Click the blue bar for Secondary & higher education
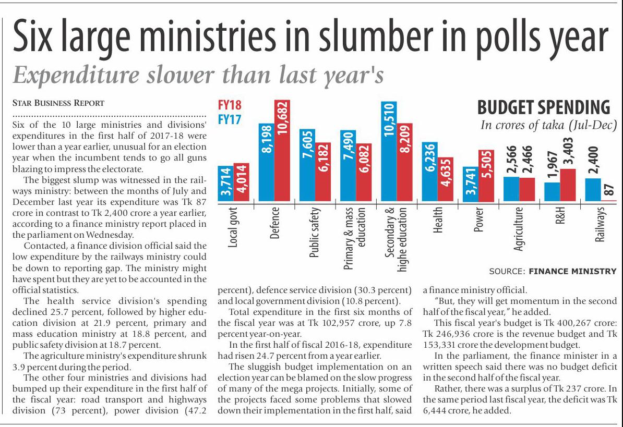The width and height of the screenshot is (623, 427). [388, 151]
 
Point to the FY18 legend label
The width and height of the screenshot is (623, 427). [230, 105]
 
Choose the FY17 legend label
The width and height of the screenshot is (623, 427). [230, 119]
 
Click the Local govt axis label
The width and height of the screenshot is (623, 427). [233, 228]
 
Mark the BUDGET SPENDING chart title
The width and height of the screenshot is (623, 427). [544, 107]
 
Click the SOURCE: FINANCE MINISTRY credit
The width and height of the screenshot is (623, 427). [556, 271]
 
